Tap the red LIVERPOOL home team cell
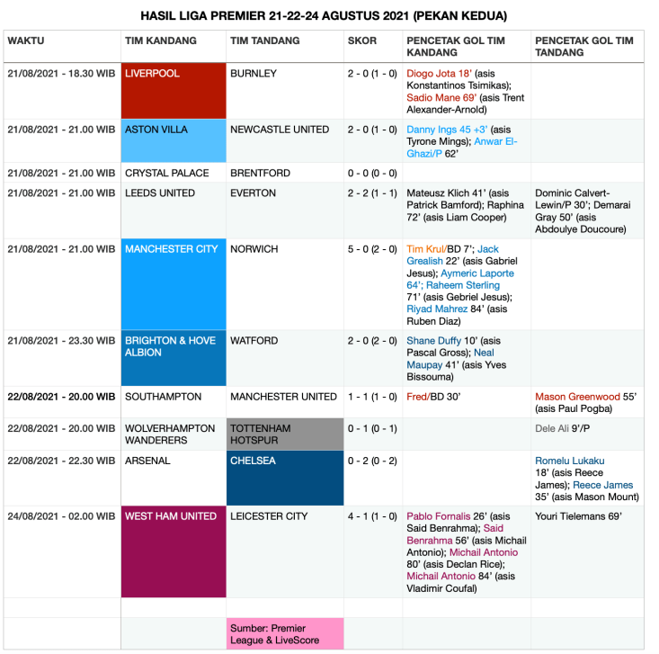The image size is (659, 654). point(174,90)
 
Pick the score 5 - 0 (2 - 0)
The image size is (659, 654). point(372,249)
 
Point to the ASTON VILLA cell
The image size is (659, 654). point(174,140)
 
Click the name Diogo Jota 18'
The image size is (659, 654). point(438,74)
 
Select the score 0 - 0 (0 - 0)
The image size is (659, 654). point(372,173)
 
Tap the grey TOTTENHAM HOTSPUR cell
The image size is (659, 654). point(284,435)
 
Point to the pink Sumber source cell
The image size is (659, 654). point(284,633)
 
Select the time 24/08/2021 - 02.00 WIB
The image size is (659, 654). point(61,516)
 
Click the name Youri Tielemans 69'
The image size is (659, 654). point(577,516)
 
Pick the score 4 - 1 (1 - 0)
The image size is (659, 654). point(372,516)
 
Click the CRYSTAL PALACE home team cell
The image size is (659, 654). point(167,173)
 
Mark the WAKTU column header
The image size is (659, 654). point(26,40)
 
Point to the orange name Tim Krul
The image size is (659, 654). point(427,249)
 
